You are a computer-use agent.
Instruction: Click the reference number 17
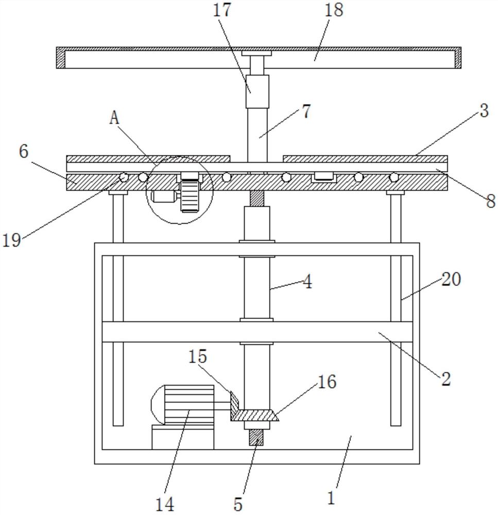pos(222,10)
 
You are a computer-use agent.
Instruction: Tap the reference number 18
pos(334,10)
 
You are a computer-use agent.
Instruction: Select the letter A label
pos(114,117)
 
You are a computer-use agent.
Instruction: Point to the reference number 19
pos(12,240)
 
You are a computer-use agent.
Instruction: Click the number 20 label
pos(451,280)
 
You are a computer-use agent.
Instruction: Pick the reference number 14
pos(165,504)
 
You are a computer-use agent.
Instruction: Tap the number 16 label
pos(327,382)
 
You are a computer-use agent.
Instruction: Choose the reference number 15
pos(198,356)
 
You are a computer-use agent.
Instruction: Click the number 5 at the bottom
pos(238,504)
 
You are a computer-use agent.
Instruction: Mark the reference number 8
pos(491,201)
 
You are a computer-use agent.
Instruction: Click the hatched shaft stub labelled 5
pos(256,437)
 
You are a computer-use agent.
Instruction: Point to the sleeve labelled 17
pos(257,91)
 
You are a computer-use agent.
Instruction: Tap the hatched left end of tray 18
pos(61,58)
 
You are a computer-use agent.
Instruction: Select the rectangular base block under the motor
pos(183,437)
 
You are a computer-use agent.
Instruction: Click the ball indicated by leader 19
pos(124,177)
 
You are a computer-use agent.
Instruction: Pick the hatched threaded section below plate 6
pos(257,198)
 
